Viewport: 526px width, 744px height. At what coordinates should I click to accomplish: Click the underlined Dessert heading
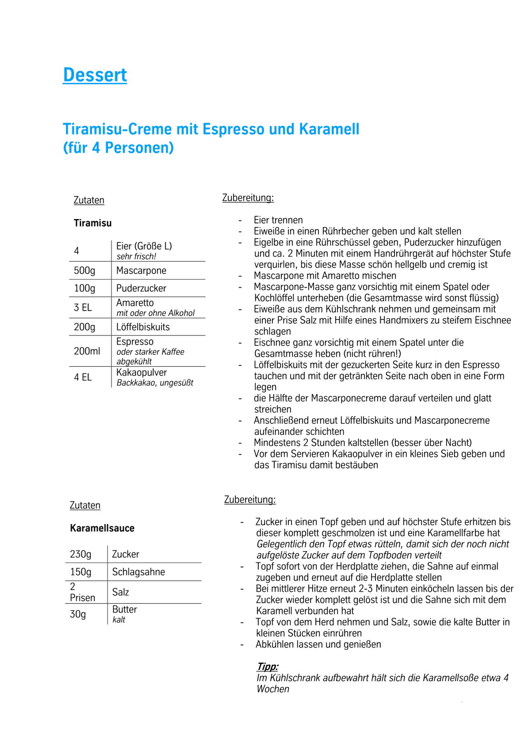click(x=95, y=75)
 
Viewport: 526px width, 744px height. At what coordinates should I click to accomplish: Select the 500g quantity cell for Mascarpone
click(x=84, y=270)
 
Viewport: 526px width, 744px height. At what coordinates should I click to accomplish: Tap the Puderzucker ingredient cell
click(x=141, y=288)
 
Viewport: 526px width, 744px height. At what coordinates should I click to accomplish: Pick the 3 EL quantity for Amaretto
click(x=83, y=307)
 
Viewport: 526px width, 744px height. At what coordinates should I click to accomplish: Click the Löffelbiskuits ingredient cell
click(x=143, y=327)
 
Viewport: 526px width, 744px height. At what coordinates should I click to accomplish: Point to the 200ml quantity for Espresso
click(x=87, y=351)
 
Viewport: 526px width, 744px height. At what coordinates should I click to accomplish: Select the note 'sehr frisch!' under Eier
click(x=136, y=256)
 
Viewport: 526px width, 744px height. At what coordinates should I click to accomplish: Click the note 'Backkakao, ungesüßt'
click(x=155, y=383)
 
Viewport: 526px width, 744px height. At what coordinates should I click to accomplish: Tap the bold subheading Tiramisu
click(x=92, y=223)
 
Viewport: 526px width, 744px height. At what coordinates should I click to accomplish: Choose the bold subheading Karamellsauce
click(x=102, y=528)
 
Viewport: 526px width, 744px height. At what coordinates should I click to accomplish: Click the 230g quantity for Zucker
click(x=81, y=554)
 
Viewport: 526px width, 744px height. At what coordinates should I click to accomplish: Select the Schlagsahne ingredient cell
click(x=138, y=572)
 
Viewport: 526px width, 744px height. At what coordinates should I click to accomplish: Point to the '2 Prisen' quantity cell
click(x=82, y=592)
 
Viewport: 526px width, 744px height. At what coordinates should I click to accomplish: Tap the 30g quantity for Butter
click(x=78, y=614)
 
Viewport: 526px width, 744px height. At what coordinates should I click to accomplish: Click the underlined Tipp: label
click(x=267, y=666)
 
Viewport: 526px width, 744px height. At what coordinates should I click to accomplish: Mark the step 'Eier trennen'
click(x=278, y=220)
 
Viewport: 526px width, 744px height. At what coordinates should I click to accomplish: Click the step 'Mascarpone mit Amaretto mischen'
click(x=325, y=275)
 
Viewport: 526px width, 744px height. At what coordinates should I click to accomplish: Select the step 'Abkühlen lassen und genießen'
click(x=318, y=644)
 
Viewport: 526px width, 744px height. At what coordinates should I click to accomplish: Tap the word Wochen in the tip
click(x=273, y=689)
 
